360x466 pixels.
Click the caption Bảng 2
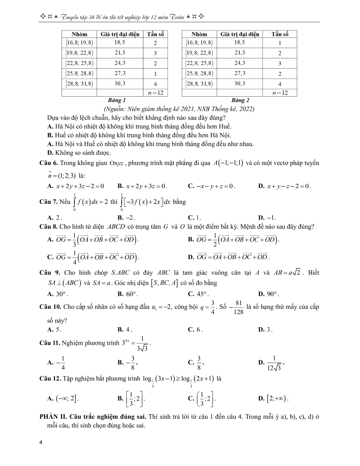(x=240, y=100)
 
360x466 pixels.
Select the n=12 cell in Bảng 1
(x=155, y=93)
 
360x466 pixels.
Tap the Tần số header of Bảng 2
(x=280, y=34)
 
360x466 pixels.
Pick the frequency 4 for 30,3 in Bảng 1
(x=155, y=84)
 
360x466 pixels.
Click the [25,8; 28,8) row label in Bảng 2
(x=199, y=74)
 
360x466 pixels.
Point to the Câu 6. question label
(x=49, y=163)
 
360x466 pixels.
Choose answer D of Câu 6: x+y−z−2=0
(x=285, y=186)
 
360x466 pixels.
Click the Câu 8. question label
(x=49, y=227)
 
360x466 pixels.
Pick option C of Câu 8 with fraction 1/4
(x=93, y=257)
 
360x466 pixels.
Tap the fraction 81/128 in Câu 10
(x=238, y=307)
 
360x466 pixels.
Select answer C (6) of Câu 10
(x=195, y=330)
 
